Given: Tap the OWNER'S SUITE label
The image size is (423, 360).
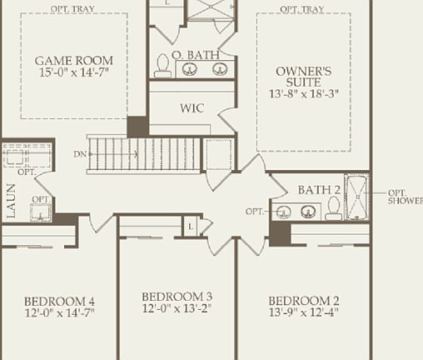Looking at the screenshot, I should coord(304,77).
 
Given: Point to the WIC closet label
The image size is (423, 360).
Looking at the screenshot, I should coord(192,108).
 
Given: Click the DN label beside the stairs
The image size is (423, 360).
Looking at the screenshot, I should coord(78,153).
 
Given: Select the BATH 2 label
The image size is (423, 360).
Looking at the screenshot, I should coord(319,190).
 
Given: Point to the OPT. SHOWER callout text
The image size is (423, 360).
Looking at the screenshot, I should coord(406,197).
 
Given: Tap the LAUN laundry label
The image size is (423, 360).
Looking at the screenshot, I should coord(11,201).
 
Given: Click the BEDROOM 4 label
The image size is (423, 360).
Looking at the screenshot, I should coord(58,301).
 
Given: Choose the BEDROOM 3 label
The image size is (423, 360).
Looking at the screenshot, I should coord(177,297).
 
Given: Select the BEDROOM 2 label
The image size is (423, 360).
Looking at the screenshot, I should coord(303,301).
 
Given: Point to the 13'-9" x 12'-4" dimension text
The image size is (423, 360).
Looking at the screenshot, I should coord(303,313).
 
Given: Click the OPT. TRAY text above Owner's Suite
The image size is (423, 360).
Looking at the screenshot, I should coord(301,8).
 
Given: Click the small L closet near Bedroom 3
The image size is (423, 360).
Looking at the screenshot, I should coord(192,227).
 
